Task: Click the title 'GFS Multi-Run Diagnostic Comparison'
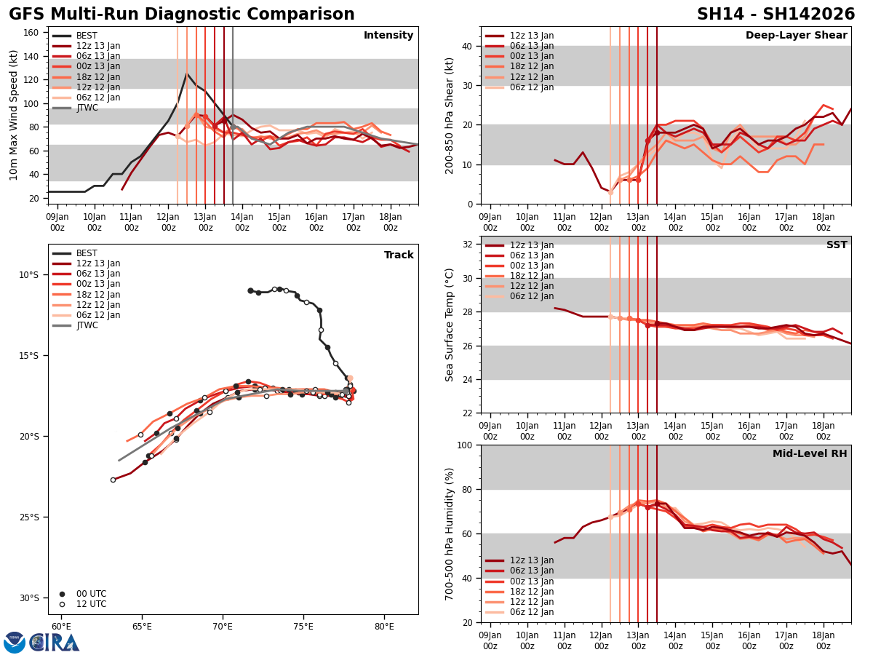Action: [x=182, y=15]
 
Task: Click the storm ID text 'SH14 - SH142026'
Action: [x=776, y=15]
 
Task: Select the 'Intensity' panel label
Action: [x=388, y=36]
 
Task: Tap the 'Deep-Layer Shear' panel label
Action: [x=796, y=36]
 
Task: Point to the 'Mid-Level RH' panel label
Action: [x=810, y=454]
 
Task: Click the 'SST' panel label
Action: [x=836, y=245]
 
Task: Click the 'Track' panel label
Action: [x=399, y=255]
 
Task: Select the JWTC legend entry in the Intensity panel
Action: [x=87, y=108]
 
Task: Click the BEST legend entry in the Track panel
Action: [x=87, y=253]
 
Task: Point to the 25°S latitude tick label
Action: [x=28, y=517]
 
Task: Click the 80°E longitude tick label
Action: [x=384, y=627]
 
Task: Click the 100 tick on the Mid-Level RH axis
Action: [x=466, y=445]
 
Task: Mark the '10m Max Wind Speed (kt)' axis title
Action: [x=14, y=115]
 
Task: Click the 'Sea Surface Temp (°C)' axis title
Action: [x=450, y=325]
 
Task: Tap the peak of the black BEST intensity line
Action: [x=187, y=74]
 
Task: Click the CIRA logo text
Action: [x=55, y=642]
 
